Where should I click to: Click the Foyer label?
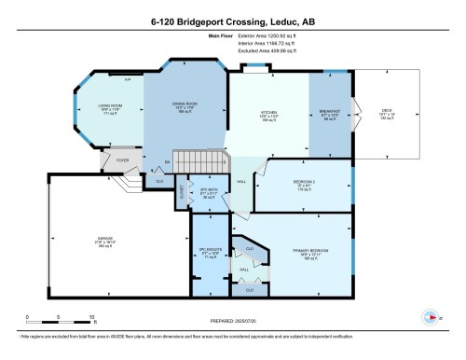click(122, 159)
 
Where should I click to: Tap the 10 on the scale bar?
click(92, 318)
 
